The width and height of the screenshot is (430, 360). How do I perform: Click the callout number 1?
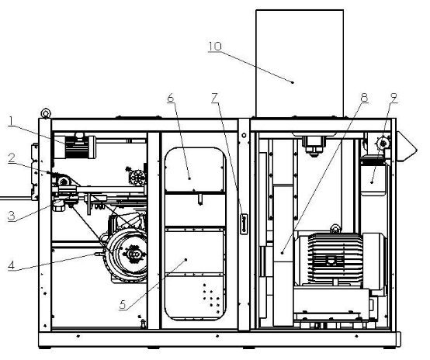tap(11, 121)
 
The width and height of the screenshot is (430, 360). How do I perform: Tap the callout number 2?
tap(12, 158)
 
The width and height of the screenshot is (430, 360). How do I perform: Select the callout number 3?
tap(12, 216)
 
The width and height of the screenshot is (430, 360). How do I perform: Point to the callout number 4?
tap(11, 265)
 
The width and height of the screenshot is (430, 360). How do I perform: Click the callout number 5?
tap(123, 304)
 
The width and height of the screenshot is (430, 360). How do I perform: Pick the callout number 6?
tap(171, 98)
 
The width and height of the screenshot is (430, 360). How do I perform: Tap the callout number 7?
tap(215, 98)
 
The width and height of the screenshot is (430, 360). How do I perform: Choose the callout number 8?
tap(364, 98)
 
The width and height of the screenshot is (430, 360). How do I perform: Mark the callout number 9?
tap(394, 98)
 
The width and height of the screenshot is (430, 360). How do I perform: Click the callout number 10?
tap(215, 46)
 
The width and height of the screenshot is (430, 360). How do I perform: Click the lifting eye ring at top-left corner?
tap(46, 113)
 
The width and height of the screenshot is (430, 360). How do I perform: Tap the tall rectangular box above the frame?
tap(300, 64)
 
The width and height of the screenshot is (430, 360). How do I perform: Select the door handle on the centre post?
tap(244, 224)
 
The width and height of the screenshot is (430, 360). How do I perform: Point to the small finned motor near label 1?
tap(75, 147)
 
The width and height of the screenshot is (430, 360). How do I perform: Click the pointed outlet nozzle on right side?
tap(407, 147)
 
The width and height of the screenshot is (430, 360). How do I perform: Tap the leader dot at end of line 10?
tap(293, 82)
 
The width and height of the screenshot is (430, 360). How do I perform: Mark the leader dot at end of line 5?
tap(186, 259)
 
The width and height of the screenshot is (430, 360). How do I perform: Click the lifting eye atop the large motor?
tap(335, 228)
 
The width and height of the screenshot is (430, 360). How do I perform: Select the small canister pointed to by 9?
tap(373, 177)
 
